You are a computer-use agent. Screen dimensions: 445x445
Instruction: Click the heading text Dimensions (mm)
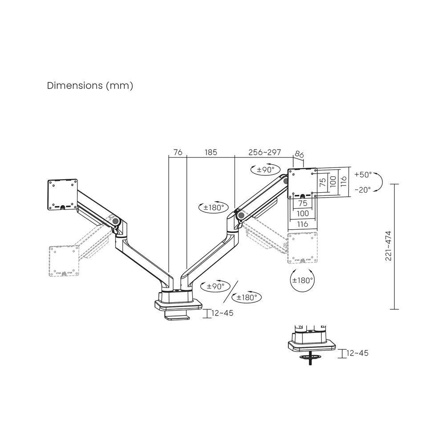pyautogui.click(x=90, y=86)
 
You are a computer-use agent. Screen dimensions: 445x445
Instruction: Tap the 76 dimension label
pyautogui.click(x=178, y=152)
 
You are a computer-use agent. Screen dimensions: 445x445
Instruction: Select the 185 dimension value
pyautogui.click(x=210, y=152)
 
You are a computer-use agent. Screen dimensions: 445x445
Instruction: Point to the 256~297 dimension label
pyautogui.click(x=264, y=152)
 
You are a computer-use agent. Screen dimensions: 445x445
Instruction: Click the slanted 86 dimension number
pyautogui.click(x=299, y=155)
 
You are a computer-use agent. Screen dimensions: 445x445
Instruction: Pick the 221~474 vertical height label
pyautogui.click(x=388, y=246)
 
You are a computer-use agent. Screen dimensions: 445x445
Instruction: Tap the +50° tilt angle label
pyautogui.click(x=363, y=175)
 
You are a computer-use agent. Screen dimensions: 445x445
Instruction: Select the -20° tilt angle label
pyautogui.click(x=363, y=190)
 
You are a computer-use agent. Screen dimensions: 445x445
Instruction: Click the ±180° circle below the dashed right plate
pyautogui.click(x=303, y=280)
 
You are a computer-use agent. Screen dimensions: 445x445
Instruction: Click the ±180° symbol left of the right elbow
pyautogui.click(x=214, y=207)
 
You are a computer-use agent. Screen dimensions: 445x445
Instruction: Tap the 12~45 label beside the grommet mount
pyautogui.click(x=357, y=353)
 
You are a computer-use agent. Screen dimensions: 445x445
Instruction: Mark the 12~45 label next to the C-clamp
pyautogui.click(x=222, y=313)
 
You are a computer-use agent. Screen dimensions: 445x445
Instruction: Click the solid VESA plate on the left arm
pyautogui.click(x=63, y=194)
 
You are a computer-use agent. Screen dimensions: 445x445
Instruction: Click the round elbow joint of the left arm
pyautogui.click(x=116, y=220)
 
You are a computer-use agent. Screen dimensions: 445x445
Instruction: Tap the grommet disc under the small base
pyautogui.click(x=309, y=356)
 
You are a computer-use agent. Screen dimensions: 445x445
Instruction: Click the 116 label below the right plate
pyautogui.click(x=303, y=224)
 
